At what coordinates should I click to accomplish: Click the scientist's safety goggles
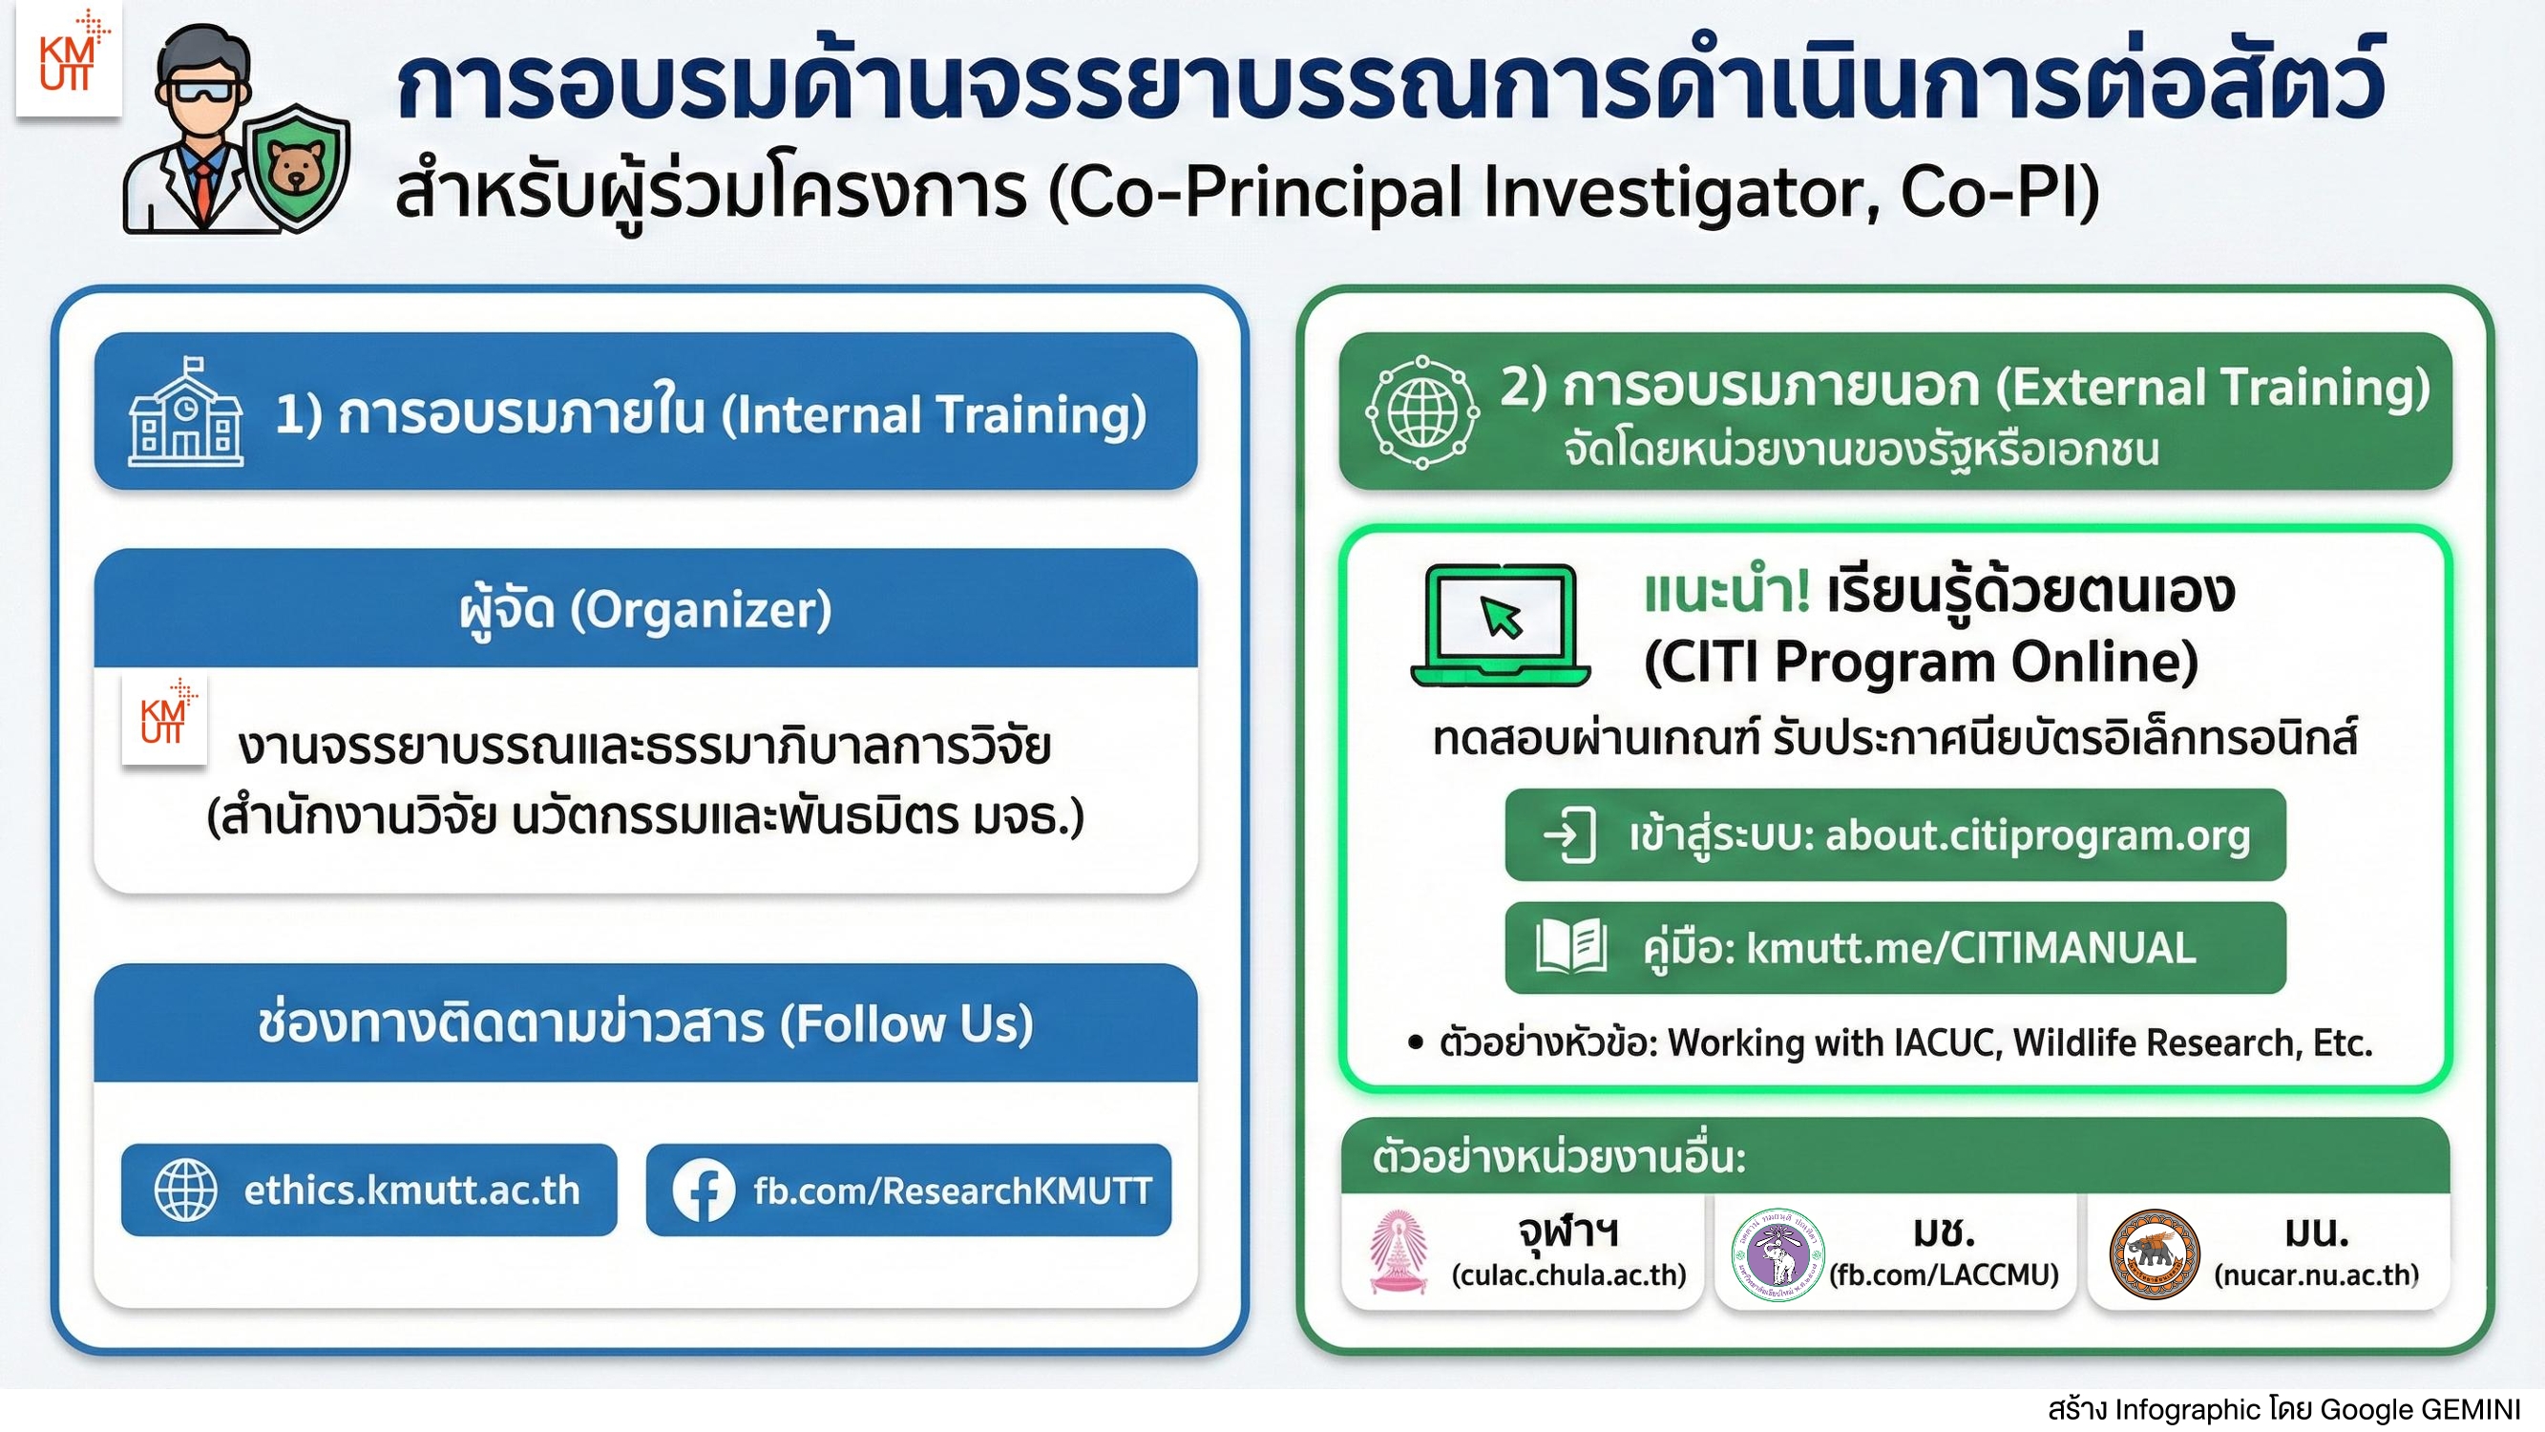point(202,92)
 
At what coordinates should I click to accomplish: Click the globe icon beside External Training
point(1422,411)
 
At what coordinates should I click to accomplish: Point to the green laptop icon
point(1500,624)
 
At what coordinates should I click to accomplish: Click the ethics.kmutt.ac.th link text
point(412,1190)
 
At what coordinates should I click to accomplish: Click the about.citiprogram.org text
point(2037,836)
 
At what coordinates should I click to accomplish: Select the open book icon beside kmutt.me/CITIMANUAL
point(1572,947)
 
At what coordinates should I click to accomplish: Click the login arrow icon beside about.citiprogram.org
point(1570,836)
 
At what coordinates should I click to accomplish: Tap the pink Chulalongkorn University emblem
point(1398,1252)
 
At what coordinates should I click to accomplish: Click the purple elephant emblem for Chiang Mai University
point(1778,1254)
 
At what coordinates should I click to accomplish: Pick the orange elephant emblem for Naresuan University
point(2155,1254)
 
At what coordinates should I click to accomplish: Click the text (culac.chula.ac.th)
point(1568,1274)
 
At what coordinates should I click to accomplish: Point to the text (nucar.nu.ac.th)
point(2317,1274)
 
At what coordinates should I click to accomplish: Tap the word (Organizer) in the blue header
point(701,610)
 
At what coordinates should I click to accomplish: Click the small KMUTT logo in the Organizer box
point(164,721)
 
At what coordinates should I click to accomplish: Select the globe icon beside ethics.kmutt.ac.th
point(186,1190)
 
